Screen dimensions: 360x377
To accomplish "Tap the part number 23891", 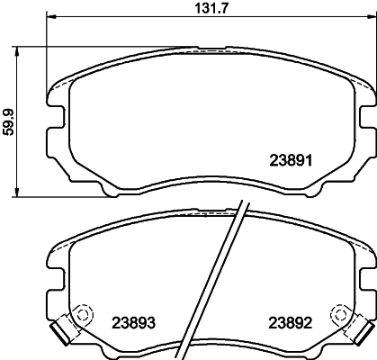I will pos(291,161).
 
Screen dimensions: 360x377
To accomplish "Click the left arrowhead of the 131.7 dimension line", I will pos(49,16).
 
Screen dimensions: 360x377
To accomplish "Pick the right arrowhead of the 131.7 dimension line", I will pos(369,16).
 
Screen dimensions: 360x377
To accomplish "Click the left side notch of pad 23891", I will pos(51,118).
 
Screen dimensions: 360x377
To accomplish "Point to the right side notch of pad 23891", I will pos(368,118).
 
